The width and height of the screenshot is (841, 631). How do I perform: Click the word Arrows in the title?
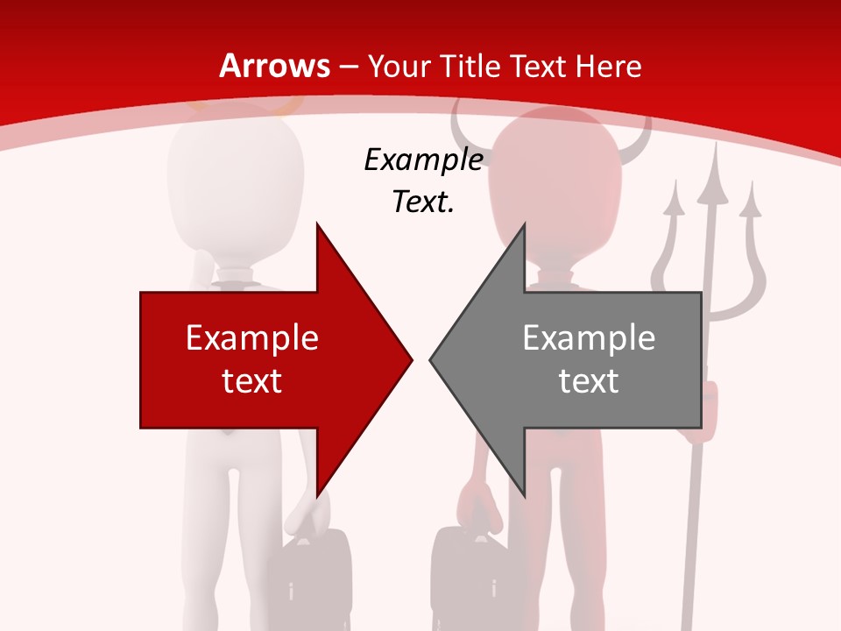tap(274, 66)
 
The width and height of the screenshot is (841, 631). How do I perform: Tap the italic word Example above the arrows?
tap(423, 160)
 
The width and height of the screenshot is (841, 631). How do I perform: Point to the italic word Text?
tap(423, 202)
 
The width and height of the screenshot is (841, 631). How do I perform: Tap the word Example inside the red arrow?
tap(252, 337)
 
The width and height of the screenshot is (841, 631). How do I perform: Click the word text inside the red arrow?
tap(252, 380)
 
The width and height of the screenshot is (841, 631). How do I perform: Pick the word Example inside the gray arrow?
tap(589, 337)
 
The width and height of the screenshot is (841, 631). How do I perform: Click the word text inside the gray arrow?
tap(589, 380)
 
